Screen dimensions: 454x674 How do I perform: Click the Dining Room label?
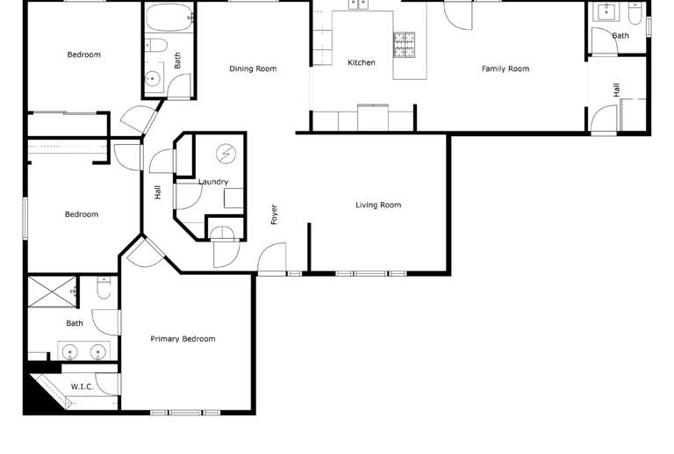[253, 68]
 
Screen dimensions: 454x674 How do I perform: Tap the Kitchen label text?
[362, 62]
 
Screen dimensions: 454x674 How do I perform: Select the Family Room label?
[505, 68]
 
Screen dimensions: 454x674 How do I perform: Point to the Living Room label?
[377, 205]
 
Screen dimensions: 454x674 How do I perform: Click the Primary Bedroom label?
[183, 339]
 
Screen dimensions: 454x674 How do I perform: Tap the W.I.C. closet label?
[82, 386]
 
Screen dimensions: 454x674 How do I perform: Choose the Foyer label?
[274, 215]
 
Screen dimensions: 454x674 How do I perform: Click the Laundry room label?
[213, 183]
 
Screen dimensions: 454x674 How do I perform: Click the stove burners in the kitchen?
[404, 44]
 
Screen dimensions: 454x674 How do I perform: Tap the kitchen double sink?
[358, 5]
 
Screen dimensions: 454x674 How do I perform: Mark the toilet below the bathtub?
[154, 47]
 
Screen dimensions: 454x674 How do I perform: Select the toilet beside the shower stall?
[104, 287]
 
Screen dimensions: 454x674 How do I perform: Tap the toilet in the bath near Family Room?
[634, 15]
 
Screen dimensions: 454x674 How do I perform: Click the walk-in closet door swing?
[106, 385]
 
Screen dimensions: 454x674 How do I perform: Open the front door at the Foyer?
[273, 260]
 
